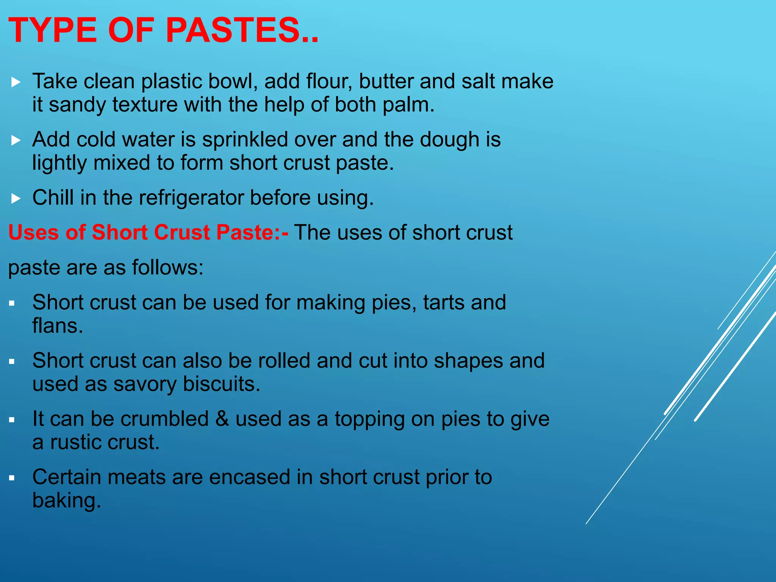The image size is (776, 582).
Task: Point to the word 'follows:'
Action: [x=167, y=268]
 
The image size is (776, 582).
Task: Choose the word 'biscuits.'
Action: [x=222, y=384]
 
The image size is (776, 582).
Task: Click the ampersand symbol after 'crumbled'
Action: [x=222, y=419]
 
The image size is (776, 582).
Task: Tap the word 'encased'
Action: [x=250, y=477]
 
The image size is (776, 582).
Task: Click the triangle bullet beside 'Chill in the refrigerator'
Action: [x=16, y=198]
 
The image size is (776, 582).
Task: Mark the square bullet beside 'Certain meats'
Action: [x=12, y=478]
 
